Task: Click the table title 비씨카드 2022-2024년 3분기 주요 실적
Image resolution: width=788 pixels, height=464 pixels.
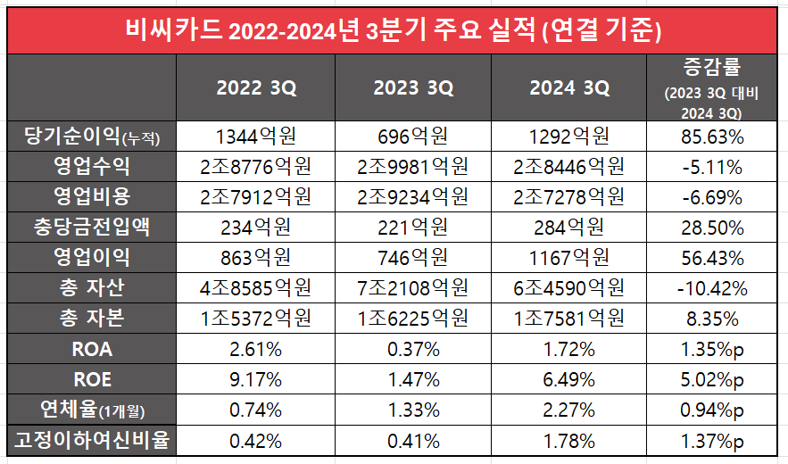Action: (x=394, y=32)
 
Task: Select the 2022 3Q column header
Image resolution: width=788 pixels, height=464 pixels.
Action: (x=256, y=88)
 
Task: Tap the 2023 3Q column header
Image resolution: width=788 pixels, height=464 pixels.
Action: (x=413, y=88)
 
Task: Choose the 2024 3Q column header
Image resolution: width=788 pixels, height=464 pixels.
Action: (x=569, y=88)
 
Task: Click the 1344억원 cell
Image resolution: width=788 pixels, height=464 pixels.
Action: (x=256, y=137)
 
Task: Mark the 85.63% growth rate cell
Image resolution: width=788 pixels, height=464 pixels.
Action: (x=711, y=137)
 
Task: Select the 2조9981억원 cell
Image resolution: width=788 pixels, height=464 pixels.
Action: (x=413, y=167)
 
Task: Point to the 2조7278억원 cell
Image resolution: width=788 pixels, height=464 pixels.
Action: (x=569, y=197)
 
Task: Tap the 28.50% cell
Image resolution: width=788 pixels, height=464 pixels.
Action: (x=711, y=228)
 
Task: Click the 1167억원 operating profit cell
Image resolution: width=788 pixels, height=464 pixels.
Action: (x=569, y=258)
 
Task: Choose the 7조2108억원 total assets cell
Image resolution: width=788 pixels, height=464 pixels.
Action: (x=413, y=288)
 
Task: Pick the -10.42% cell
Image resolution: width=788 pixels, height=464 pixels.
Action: (x=711, y=288)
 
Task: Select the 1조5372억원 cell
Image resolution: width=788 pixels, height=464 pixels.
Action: (x=256, y=319)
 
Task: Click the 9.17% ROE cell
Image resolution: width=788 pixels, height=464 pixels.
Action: (x=256, y=379)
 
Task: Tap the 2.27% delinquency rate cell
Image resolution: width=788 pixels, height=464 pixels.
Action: (x=569, y=410)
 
